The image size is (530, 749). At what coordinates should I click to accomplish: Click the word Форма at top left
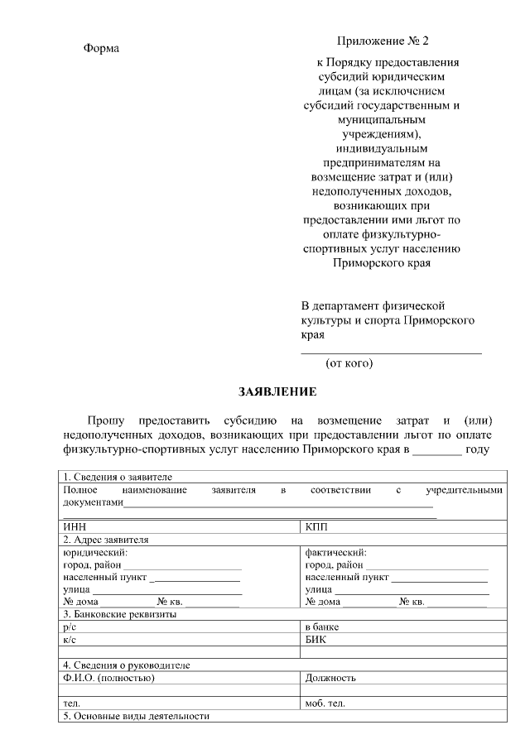(x=101, y=48)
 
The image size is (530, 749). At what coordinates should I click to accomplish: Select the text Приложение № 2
(x=383, y=41)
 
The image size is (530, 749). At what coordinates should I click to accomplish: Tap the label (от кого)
(x=349, y=362)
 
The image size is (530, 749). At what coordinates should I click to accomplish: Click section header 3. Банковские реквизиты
(x=120, y=614)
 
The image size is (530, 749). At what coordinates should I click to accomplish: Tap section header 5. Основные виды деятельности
(x=137, y=716)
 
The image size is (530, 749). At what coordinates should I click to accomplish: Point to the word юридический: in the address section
(x=95, y=552)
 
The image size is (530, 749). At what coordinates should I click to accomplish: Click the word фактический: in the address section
(x=335, y=552)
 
